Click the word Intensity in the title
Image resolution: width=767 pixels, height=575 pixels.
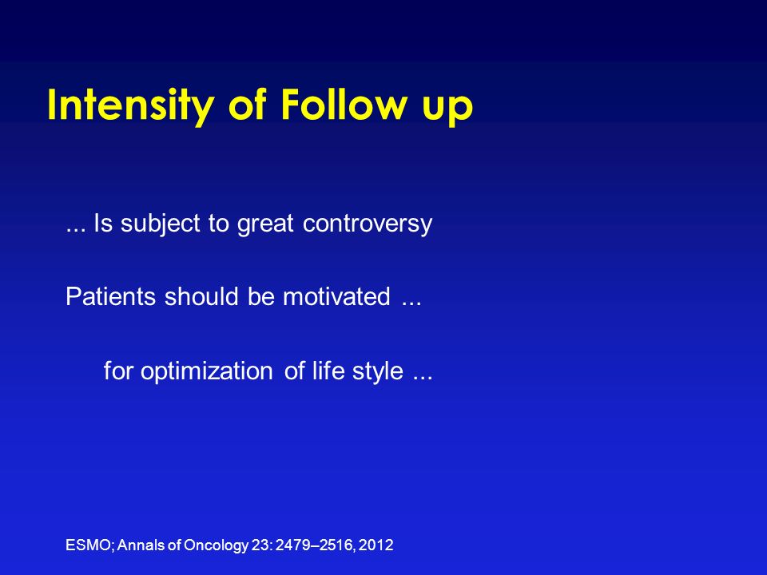130,106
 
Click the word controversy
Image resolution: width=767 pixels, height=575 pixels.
368,224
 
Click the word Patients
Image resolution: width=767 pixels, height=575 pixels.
110,296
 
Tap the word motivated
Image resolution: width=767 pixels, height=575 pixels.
336,296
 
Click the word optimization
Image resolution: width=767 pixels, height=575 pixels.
206,371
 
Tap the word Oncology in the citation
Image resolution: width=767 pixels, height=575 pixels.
216,545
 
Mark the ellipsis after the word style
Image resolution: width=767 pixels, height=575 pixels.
423,378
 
